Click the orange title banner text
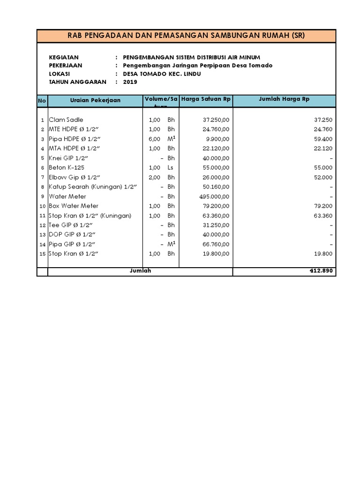point(186,36)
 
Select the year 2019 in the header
point(130,82)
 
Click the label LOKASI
point(60,74)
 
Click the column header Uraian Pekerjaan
point(95,100)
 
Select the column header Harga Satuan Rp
point(206,99)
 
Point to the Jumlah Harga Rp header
point(284,99)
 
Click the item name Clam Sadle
point(66,120)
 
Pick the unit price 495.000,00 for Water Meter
point(215,196)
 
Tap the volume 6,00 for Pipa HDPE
point(155,139)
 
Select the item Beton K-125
point(67,168)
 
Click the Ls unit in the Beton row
point(171,168)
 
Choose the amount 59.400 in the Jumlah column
point(323,139)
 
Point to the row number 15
point(42,254)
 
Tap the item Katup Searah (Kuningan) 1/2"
point(93,187)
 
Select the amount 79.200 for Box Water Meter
point(323,206)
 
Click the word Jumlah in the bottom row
point(140,271)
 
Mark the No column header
point(42,100)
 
